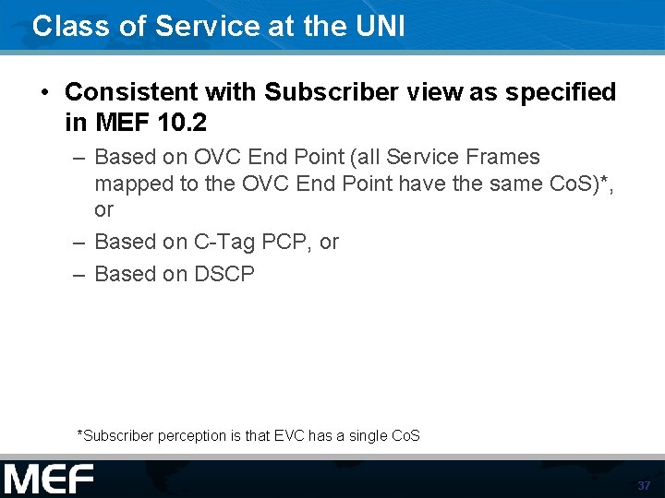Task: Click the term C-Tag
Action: tap(224, 242)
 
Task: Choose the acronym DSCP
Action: tap(224, 274)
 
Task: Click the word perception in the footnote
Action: tap(188, 435)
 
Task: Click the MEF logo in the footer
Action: tap(49, 480)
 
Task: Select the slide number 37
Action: tap(644, 485)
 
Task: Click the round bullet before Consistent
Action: tap(44, 93)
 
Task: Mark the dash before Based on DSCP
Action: tap(79, 274)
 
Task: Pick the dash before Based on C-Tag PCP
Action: tap(79, 242)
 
